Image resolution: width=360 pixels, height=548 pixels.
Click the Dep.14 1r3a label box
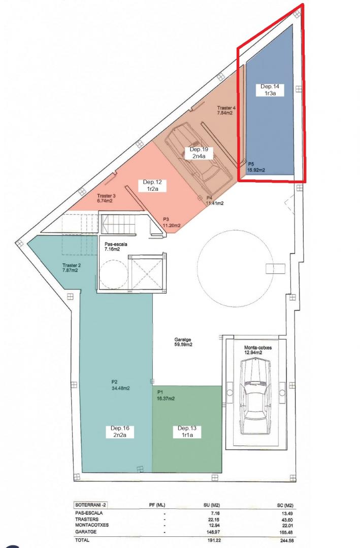pyautogui.click(x=270, y=90)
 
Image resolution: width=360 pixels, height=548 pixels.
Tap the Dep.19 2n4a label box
pyautogui.click(x=200, y=153)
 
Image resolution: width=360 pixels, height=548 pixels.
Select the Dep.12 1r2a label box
pyautogui.click(x=152, y=185)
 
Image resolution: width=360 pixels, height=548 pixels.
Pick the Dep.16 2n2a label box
pyautogui.click(x=120, y=432)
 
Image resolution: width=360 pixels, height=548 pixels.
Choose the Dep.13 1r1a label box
pyautogui.click(x=187, y=432)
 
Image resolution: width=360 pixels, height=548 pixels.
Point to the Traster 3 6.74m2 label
pyautogui.click(x=106, y=198)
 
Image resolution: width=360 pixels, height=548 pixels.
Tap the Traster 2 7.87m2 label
pyautogui.click(x=72, y=268)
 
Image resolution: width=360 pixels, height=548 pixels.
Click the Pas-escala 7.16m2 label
pyautogui.click(x=115, y=247)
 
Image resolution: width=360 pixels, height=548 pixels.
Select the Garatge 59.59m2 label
pyautogui.click(x=183, y=342)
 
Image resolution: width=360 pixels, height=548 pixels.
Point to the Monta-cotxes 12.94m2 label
pyautogui.click(x=258, y=350)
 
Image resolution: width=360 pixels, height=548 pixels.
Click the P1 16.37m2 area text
pyautogui.click(x=166, y=395)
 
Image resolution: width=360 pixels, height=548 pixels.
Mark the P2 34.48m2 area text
pyautogui.click(x=120, y=385)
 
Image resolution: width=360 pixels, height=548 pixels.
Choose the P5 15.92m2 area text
pyautogui.click(x=256, y=167)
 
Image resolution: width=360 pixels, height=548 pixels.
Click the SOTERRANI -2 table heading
pyautogui.click(x=88, y=505)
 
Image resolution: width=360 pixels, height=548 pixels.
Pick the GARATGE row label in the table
pyautogui.click(x=86, y=532)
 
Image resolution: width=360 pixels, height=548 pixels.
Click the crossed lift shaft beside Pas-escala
pyautogui.click(x=147, y=272)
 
